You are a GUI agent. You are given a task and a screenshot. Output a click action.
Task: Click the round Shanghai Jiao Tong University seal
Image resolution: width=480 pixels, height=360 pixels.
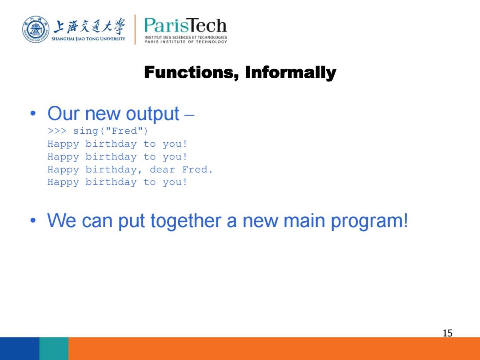tap(36, 30)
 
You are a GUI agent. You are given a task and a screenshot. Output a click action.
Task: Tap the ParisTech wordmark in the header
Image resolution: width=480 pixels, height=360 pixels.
tap(185, 25)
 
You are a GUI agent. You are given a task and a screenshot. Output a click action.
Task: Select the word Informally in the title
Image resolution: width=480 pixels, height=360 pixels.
tap(290, 72)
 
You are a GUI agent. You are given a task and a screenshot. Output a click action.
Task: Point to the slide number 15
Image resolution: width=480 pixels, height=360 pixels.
tap(448, 333)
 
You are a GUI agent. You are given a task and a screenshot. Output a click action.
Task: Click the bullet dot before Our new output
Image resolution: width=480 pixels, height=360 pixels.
tap(33, 114)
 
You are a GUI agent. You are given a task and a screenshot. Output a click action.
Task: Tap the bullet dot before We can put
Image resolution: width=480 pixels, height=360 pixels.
tap(33, 220)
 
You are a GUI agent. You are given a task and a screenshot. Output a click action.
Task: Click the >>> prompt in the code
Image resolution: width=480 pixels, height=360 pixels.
tap(57, 131)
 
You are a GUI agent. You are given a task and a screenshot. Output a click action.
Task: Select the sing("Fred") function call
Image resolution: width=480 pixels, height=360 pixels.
tap(111, 131)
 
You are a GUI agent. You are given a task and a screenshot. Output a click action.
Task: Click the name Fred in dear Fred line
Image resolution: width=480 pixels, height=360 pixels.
tap(195, 169)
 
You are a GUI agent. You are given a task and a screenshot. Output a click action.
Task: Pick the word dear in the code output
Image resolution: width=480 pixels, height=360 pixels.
tap(162, 169)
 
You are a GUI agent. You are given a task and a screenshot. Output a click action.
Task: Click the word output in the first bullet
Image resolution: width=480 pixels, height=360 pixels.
tap(152, 114)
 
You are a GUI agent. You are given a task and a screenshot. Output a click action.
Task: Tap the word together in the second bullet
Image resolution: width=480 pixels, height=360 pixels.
tap(186, 221)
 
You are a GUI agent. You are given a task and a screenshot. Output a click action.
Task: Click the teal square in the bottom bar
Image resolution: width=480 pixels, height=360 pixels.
tap(54, 348)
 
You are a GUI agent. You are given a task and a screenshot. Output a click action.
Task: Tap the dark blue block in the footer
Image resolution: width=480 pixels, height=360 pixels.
tap(20, 348)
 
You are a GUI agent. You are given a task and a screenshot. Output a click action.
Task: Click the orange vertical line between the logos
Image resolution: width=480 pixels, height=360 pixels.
tap(135, 29)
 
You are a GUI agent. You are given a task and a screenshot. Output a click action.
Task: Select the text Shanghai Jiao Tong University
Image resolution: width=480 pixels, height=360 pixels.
tap(88, 39)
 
